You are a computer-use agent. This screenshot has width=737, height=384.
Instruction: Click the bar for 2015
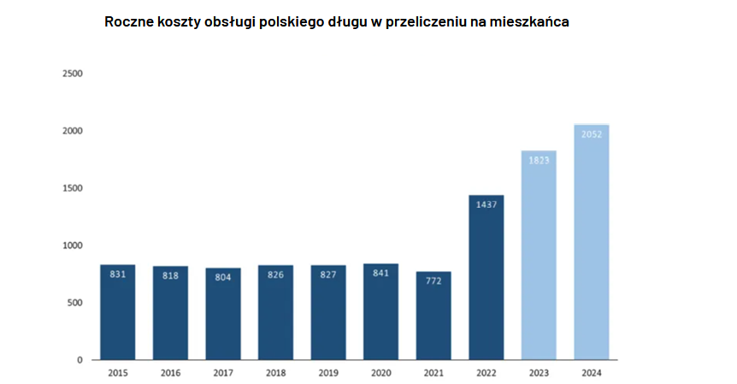tap(117, 312)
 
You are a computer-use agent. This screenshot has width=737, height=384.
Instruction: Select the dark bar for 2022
tap(486, 277)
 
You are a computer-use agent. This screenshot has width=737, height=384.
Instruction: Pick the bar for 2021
tap(433, 316)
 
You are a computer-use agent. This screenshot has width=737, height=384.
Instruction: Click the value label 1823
tap(539, 160)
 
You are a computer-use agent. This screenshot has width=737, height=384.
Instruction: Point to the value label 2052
tap(592, 134)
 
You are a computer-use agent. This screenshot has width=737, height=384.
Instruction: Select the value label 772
tap(433, 281)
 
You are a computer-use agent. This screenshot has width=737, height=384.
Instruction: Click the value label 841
tap(380, 274)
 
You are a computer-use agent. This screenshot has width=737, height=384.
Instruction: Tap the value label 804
tap(222, 277)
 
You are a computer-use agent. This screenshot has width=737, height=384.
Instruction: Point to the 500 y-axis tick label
tap(75, 303)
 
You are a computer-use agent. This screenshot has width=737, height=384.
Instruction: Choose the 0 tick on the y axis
tap(80, 360)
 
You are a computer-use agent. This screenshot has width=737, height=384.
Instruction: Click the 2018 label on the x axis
tap(275, 373)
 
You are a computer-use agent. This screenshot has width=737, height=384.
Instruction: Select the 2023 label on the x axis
tap(539, 373)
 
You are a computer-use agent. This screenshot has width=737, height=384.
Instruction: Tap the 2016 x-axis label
tap(170, 373)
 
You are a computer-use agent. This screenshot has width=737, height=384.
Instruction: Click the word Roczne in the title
tap(128, 22)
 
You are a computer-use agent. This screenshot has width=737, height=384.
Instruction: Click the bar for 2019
tap(328, 312)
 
